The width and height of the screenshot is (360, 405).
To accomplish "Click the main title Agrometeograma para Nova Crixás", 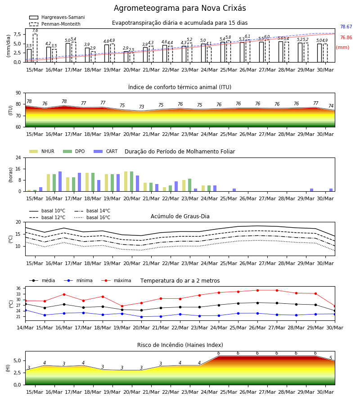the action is pyautogui.click(x=180, y=8).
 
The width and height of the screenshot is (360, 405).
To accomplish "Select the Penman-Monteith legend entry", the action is pyautogui.click(x=55, y=24).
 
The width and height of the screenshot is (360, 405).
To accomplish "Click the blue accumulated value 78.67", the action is pyautogui.click(x=346, y=27).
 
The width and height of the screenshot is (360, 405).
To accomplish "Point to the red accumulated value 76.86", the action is pyautogui.click(x=346, y=38).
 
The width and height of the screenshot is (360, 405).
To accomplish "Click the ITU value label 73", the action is pyautogui.click(x=141, y=107).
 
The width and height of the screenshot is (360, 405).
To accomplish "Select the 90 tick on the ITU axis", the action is pyautogui.click(x=18, y=93).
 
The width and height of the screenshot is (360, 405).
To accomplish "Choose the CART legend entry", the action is pyautogui.click(x=106, y=151).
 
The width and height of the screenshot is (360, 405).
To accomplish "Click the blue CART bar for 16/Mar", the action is pyautogui.click(x=60, y=181).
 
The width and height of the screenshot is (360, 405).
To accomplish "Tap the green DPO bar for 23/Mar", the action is pyautogui.click(x=189, y=185).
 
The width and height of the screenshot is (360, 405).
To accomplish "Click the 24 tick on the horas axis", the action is pyautogui.click(x=18, y=157).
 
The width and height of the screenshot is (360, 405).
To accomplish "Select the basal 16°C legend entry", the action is pyautogui.click(x=92, y=217).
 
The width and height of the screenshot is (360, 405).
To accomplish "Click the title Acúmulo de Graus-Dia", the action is pyautogui.click(x=180, y=216).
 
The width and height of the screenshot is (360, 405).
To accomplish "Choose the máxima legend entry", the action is pyautogui.click(x=116, y=280).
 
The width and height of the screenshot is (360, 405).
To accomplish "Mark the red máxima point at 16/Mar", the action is pyautogui.click(x=64, y=294).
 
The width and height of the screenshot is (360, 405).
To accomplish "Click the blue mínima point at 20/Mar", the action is pyautogui.click(x=141, y=317).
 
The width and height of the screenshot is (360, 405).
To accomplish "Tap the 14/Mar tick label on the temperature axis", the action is pyautogui.click(x=25, y=328).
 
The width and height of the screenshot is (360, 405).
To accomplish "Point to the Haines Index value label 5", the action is pyautogui.click(x=331, y=358).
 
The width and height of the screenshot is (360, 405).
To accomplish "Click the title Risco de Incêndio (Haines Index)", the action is pyautogui.click(x=180, y=345).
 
